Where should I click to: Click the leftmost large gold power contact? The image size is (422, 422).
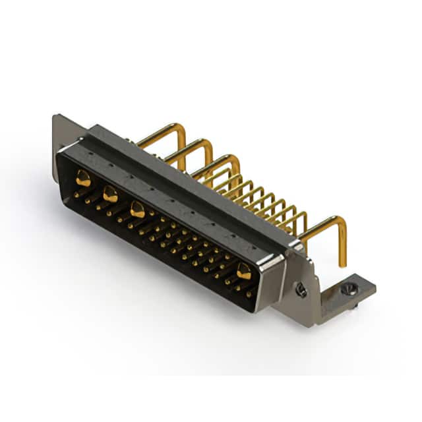(83, 177)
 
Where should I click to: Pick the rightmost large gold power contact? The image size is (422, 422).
(243, 270)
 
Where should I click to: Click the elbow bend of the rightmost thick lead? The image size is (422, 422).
(340, 222)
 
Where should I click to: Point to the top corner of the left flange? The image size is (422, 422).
(55, 117)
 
